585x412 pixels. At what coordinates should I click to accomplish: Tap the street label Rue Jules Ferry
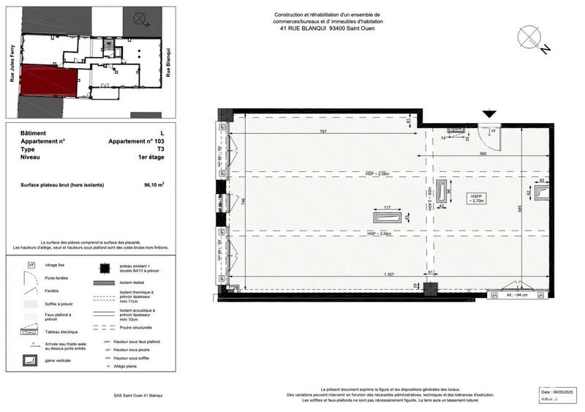click(x=12, y=71)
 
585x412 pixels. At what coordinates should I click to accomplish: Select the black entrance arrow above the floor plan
click(x=489, y=113)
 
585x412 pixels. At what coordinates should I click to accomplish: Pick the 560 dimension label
click(x=483, y=154)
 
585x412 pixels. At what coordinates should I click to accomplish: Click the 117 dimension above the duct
click(x=388, y=207)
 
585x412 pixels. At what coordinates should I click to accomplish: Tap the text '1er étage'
click(x=151, y=157)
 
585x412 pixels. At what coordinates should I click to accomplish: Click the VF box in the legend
click(x=31, y=264)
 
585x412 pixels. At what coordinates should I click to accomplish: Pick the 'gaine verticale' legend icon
click(x=31, y=360)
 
